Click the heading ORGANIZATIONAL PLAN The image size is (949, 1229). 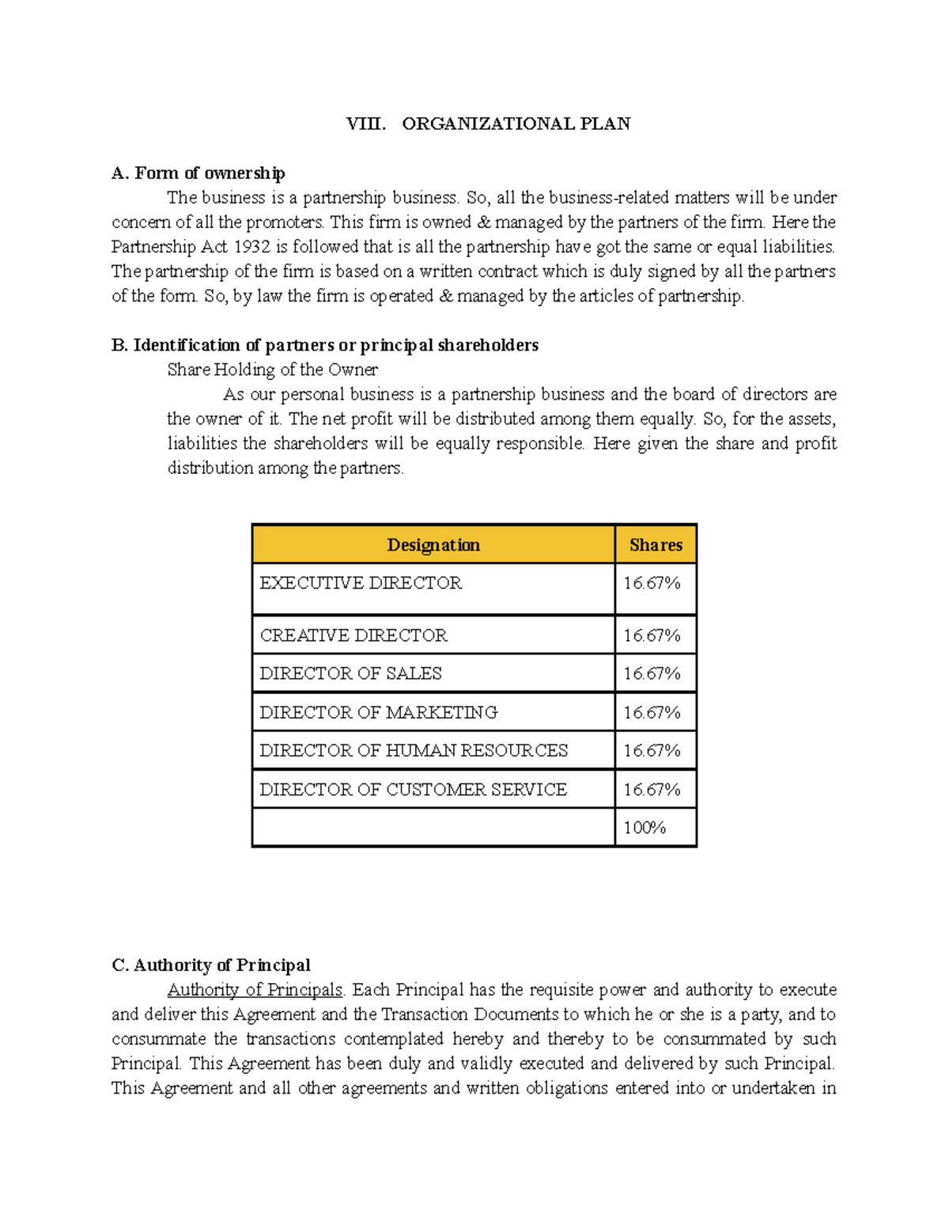pos(516,123)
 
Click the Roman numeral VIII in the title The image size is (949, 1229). pos(365,123)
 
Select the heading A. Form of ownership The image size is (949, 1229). pos(198,173)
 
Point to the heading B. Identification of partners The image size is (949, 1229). pos(325,344)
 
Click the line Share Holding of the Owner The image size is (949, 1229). pos(272,369)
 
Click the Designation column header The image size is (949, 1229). pos(433,544)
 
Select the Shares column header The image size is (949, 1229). pos(656,544)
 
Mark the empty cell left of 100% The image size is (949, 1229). pos(433,827)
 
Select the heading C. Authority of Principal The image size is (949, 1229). pos(211,965)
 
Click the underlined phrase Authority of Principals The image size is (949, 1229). pos(255,989)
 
